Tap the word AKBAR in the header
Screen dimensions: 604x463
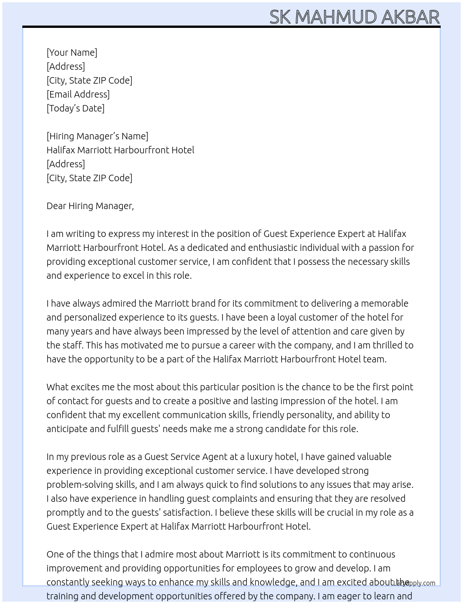pyautogui.click(x=410, y=17)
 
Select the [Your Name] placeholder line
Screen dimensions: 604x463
pyautogui.click(x=72, y=53)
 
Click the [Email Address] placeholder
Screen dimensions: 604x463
pyautogui.click(x=78, y=94)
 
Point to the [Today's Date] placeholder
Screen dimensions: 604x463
pyautogui.click(x=75, y=108)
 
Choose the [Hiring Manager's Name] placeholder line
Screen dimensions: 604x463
pyautogui.click(x=97, y=136)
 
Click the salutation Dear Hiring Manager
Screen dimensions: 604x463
pyautogui.click(x=90, y=206)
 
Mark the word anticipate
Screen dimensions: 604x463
pyautogui.click(x=67, y=429)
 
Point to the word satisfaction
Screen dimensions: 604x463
pyautogui.click(x=186, y=512)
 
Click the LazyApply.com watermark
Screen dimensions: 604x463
pyautogui.click(x=414, y=583)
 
